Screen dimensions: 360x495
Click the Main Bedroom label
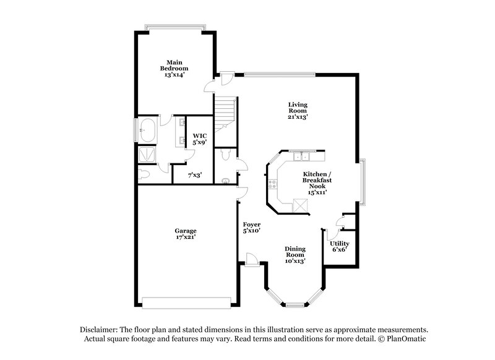pyautogui.click(x=174, y=65)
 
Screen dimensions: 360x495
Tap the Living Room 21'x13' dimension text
pyautogui.click(x=298, y=116)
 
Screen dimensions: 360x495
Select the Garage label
pyautogui.click(x=186, y=231)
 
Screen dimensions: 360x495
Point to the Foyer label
pyautogui.click(x=251, y=224)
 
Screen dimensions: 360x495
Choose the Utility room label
pyautogui.click(x=339, y=244)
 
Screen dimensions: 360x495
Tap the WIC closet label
pyautogui.click(x=199, y=135)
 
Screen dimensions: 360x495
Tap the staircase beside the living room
pyautogui.click(x=225, y=111)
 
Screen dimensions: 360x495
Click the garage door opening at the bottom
pyautogui.click(x=186, y=302)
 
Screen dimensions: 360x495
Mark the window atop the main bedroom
pyautogui.click(x=174, y=27)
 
